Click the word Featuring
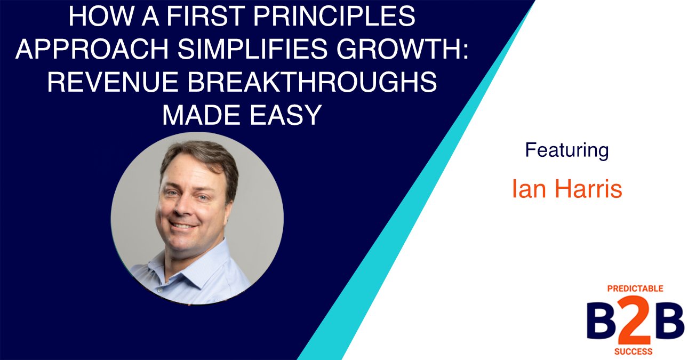tap(566, 151)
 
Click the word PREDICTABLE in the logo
tap(635, 289)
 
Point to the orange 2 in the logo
tap(635, 321)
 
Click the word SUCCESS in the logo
tap(634, 352)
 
